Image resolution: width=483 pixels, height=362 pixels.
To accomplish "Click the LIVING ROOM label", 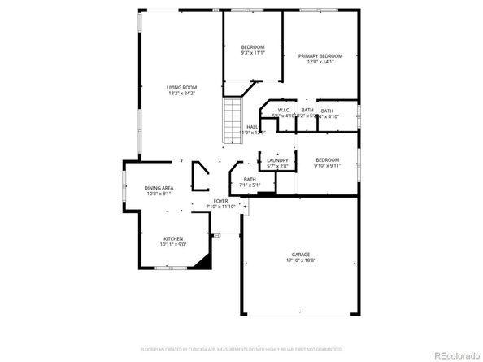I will tap(181, 88).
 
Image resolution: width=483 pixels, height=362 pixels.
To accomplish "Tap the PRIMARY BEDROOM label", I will tap(320, 55).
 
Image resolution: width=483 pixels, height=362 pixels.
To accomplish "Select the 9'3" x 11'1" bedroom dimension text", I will tap(252, 53).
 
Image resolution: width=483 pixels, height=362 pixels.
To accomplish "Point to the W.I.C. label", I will tap(285, 111).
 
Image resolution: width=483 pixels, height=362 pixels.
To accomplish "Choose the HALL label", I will tap(252, 127).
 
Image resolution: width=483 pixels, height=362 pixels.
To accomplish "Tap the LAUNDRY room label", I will tap(277, 160).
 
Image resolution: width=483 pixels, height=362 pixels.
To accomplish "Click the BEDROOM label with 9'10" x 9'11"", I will tap(327, 159).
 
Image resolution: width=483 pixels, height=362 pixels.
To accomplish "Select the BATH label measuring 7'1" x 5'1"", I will tap(250, 180).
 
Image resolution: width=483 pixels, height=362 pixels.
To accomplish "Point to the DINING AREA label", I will tap(159, 188).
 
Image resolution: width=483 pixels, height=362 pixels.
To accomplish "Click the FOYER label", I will tap(221, 201).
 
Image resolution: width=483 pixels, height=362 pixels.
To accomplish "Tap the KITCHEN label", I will tap(175, 238).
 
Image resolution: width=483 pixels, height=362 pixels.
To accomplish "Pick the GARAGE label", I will tap(301, 255).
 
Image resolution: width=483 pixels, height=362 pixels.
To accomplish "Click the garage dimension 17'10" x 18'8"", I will tap(301, 260).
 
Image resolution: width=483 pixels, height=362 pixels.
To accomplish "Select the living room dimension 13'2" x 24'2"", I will tap(181, 93).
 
